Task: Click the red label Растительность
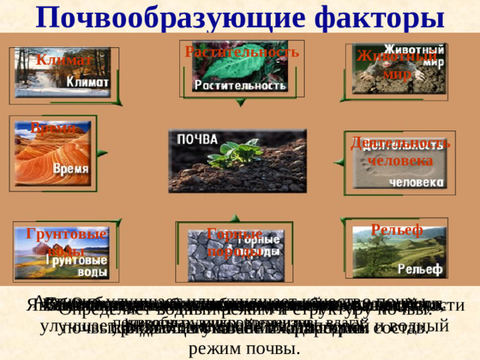click(241, 52)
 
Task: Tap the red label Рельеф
click(397, 229)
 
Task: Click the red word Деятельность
click(400, 143)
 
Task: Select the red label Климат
click(64, 59)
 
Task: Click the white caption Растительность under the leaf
click(240, 86)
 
